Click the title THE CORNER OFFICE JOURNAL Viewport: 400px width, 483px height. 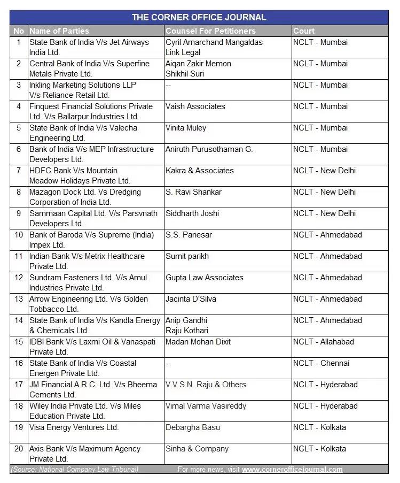[199, 17]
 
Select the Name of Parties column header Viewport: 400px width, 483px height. [59, 31]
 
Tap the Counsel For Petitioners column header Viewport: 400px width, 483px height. [210, 31]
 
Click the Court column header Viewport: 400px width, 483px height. [304, 31]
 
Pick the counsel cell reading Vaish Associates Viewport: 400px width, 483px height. [195, 106]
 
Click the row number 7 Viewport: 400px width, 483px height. [19, 171]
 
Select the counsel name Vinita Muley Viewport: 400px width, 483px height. [186, 128]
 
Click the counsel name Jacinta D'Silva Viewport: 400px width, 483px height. [191, 299]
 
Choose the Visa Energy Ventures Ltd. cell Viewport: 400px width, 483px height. [74, 427]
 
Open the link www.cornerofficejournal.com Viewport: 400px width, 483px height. [292, 470]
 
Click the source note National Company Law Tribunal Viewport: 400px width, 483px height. [75, 470]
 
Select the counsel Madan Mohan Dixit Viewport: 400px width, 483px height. [198, 342]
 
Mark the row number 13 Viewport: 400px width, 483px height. [19, 299]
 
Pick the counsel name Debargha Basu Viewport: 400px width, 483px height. [193, 427]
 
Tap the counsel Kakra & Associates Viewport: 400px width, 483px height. [200, 171]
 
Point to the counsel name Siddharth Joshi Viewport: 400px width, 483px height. [192, 213]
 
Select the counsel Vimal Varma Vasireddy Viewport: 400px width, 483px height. [206, 406]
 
